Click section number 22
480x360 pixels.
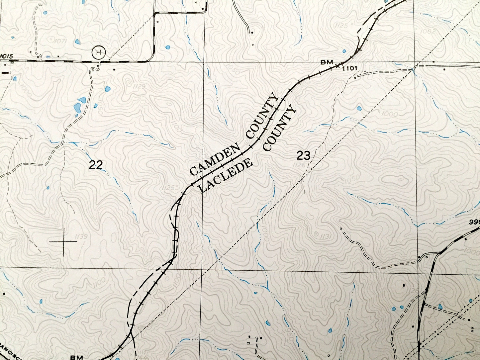96,165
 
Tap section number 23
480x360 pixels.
303,155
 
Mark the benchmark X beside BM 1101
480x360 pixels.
337,65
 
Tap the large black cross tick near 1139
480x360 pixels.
63,242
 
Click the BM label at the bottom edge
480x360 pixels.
75,357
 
